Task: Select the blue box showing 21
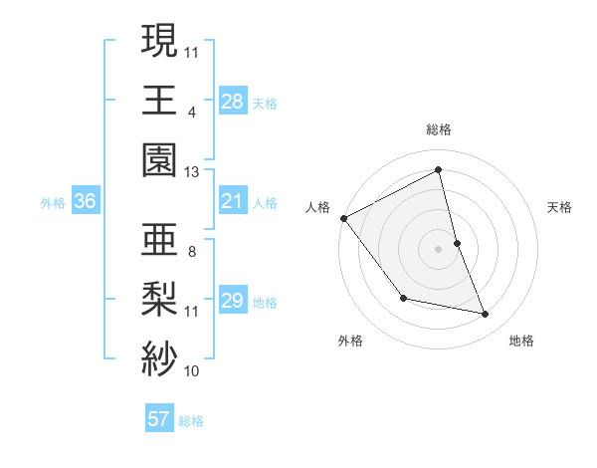tap(233, 201)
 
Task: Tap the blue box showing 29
tap(233, 301)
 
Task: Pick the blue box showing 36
tap(86, 201)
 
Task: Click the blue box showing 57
tap(159, 419)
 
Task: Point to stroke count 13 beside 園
tap(192, 171)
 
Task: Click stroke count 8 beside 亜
tap(192, 252)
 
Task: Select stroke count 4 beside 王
tap(192, 112)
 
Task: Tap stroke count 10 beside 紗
tap(192, 371)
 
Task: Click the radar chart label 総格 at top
tap(439, 129)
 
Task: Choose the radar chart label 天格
tap(559, 207)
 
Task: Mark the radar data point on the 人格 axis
tap(343, 218)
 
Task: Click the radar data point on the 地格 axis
tap(486, 315)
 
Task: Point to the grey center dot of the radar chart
tap(439, 249)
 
